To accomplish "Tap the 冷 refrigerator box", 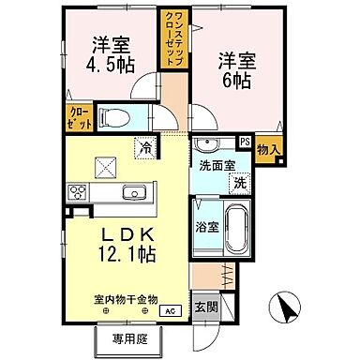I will click(146, 146).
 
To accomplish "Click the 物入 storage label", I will click(267, 147).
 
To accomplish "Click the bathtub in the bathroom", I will click(234, 228).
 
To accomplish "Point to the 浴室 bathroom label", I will click(208, 226).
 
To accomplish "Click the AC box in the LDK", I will click(170, 310).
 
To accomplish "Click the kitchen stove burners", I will click(77, 193).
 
